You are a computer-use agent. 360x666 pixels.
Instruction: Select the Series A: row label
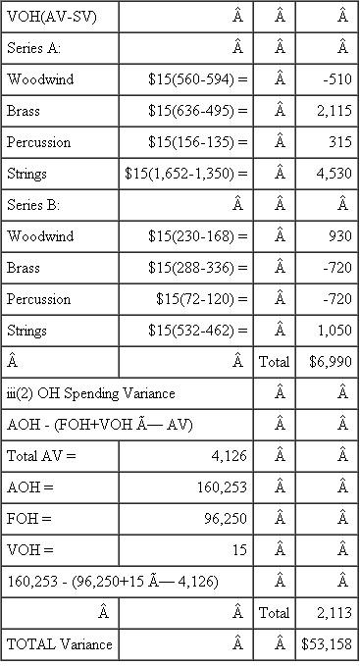click(x=33, y=47)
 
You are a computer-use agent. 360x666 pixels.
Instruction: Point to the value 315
click(x=337, y=141)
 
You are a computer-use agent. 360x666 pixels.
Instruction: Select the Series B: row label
click(x=33, y=205)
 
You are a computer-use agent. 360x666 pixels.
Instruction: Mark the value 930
click(x=337, y=236)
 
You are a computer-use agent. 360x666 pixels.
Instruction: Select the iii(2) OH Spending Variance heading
click(x=91, y=393)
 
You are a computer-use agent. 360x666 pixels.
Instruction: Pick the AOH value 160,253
click(x=221, y=487)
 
